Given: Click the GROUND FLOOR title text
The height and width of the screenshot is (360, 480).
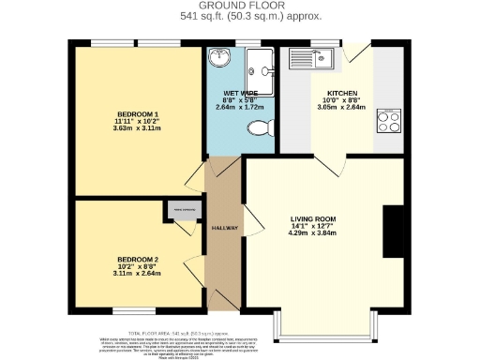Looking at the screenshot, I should [x=240, y=6].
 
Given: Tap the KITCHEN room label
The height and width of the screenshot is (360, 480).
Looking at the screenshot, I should [x=341, y=94].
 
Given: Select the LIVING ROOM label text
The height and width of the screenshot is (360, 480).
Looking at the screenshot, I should [x=312, y=218].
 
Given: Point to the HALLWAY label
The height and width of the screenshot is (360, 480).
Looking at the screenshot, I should [x=224, y=228].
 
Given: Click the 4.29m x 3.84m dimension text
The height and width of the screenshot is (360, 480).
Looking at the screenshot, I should [x=312, y=232].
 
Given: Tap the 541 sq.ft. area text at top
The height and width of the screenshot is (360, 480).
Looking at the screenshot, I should [x=240, y=16].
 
